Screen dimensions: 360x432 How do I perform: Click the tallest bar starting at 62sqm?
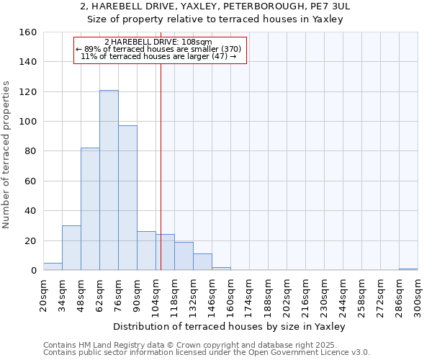(x=109, y=180)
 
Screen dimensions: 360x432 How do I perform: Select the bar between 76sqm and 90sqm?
(x=127, y=198)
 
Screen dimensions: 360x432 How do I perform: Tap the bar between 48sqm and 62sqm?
(x=90, y=209)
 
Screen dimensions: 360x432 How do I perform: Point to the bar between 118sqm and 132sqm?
(x=184, y=256)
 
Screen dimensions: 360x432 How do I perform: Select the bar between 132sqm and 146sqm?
(x=202, y=262)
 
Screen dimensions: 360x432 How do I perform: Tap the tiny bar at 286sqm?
(x=408, y=269)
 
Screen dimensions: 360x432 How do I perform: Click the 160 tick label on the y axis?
(x=27, y=32)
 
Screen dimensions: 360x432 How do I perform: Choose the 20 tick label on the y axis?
(x=30, y=240)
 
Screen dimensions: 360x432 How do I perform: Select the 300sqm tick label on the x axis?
(x=418, y=296)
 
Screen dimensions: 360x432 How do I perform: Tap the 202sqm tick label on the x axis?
(x=287, y=296)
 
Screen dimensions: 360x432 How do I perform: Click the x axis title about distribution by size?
(x=230, y=327)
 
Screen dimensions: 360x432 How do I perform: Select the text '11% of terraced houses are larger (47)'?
(x=155, y=56)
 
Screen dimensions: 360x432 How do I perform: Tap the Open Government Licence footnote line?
(x=207, y=353)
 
